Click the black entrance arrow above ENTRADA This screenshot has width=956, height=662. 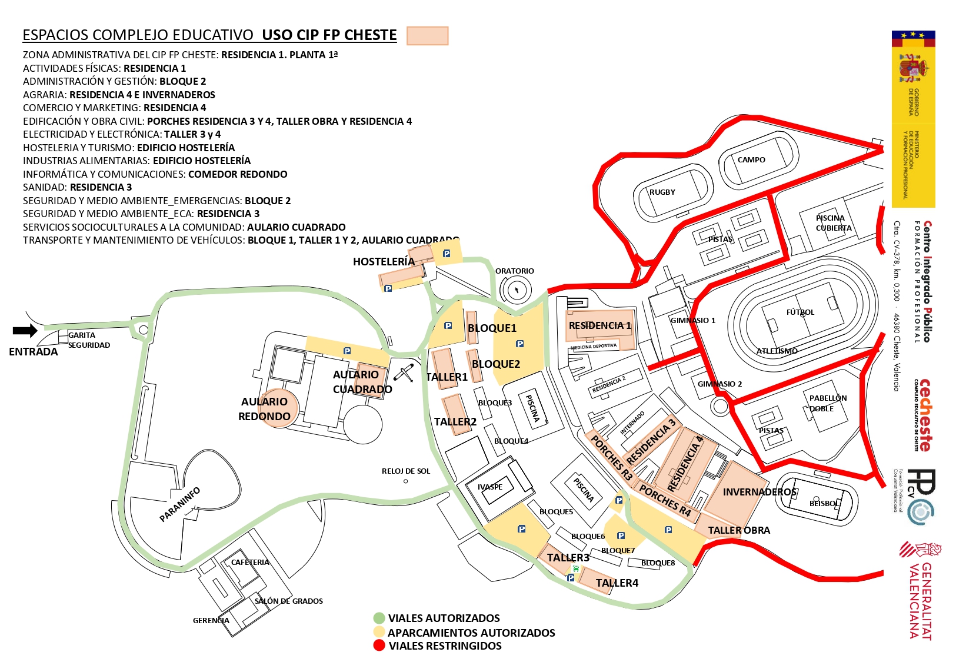[25, 331]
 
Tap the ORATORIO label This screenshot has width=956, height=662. [514, 271]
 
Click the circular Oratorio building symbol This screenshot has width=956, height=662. [516, 290]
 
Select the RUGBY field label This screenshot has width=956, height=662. [662, 192]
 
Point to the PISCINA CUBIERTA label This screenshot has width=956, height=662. [832, 223]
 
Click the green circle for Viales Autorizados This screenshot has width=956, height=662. [379, 618]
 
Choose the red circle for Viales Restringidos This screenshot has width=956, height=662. [379, 646]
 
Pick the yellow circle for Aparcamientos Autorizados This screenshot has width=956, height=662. [379, 632]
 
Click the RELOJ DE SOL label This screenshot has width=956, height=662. [406, 471]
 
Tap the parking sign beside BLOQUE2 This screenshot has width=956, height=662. [519, 344]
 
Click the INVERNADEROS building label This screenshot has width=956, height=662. [759, 492]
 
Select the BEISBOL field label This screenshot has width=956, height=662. [824, 504]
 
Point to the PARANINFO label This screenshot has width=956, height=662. [180, 505]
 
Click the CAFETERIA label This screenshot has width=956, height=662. [250, 563]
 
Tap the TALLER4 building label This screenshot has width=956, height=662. [617, 583]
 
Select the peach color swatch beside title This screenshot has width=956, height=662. [427, 36]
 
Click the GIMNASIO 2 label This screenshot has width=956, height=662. [720, 384]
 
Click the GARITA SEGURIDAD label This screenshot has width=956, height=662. [88, 340]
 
